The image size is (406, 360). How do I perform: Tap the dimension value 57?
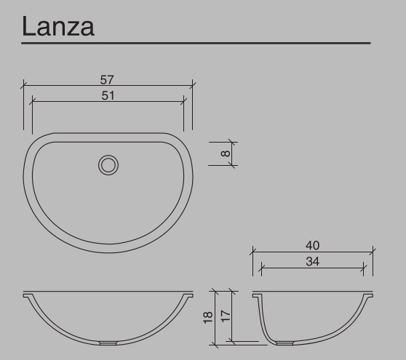108,79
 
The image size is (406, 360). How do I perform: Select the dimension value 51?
108,95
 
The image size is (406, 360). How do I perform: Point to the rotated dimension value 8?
226,153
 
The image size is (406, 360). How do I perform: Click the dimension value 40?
313,246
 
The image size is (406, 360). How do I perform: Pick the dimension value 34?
313,261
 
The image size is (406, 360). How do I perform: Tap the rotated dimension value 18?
209,318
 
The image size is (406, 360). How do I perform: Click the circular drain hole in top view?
108,165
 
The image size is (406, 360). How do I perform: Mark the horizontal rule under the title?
196,44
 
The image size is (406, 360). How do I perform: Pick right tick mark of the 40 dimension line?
373,252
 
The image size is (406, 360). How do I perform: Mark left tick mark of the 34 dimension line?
260,268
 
